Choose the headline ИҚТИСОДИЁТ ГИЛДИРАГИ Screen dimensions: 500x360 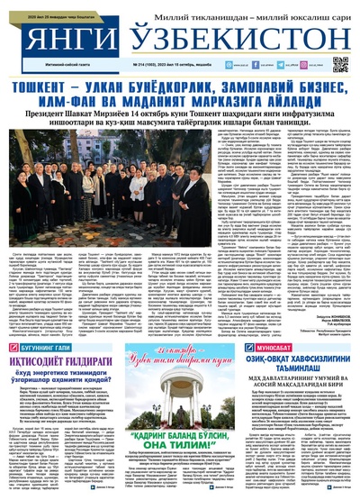(61, 359)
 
